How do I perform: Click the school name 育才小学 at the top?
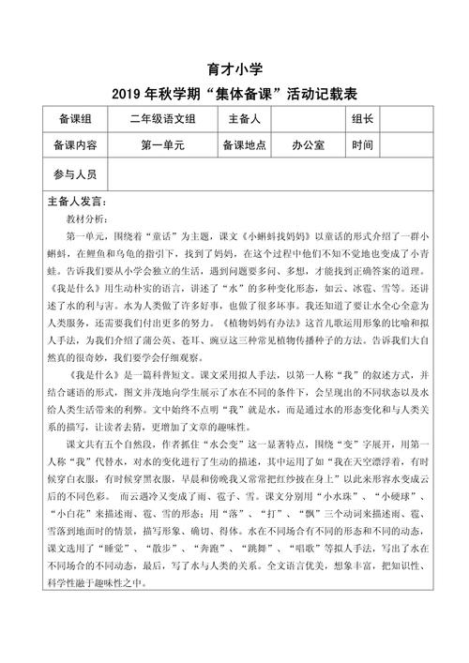pos(234,69)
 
